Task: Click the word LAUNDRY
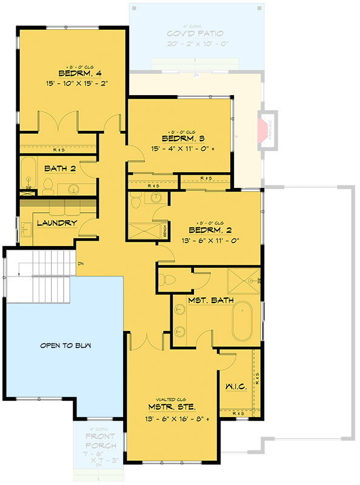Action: tap(57, 222)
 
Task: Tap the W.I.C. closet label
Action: tap(236, 386)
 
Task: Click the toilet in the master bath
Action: tap(169, 279)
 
